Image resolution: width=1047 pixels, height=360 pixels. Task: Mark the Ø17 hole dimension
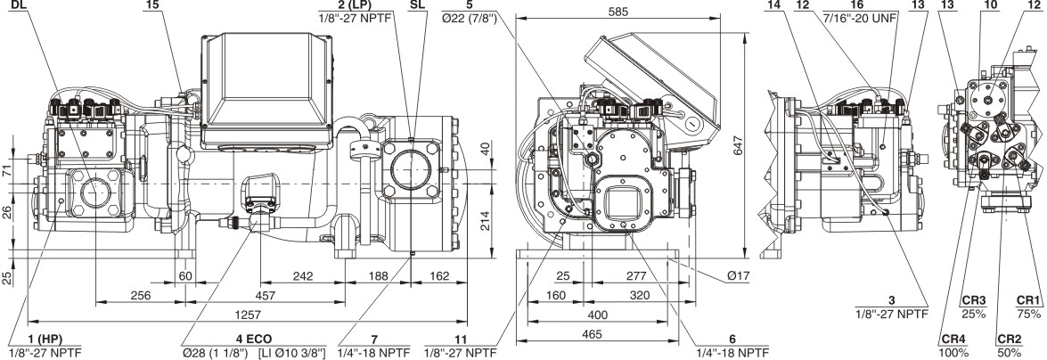pos(737,275)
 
